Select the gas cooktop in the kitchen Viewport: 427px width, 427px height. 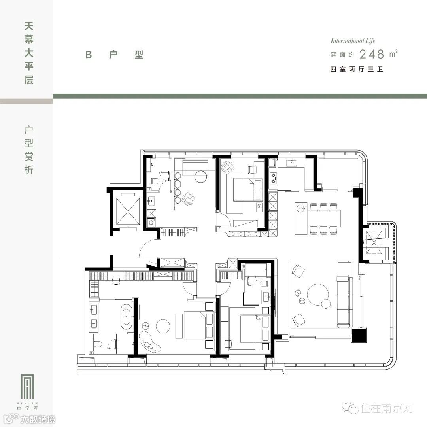coord(273,178)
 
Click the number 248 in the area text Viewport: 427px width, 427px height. coord(372,54)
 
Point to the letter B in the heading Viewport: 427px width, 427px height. coord(89,55)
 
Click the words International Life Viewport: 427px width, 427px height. coord(353,41)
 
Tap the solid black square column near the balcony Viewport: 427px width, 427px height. coord(359,335)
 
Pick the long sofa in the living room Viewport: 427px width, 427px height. coord(344,301)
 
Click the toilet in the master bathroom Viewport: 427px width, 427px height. coord(98,344)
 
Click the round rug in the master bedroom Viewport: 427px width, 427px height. coord(163,326)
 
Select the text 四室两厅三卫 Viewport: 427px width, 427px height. coord(357,69)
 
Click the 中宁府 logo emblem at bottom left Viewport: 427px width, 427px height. coord(28,387)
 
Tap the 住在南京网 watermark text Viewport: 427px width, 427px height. coord(387,408)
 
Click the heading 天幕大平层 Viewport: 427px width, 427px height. coord(29,53)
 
